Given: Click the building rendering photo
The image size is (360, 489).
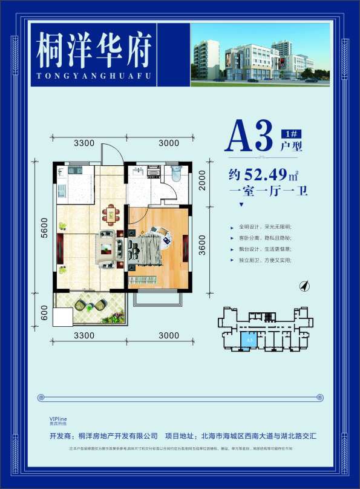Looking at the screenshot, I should [260, 53].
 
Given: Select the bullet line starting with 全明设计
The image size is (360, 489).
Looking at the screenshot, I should [266, 227].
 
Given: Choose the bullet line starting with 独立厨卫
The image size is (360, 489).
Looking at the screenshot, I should [266, 260].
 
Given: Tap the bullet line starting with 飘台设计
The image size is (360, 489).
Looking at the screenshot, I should [266, 249].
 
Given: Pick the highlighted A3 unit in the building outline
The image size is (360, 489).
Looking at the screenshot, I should [247, 341].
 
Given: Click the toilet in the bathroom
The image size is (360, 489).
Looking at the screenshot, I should [176, 174].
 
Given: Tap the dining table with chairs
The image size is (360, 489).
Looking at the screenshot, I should [110, 214].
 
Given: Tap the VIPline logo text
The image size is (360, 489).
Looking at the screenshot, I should [59, 419].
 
